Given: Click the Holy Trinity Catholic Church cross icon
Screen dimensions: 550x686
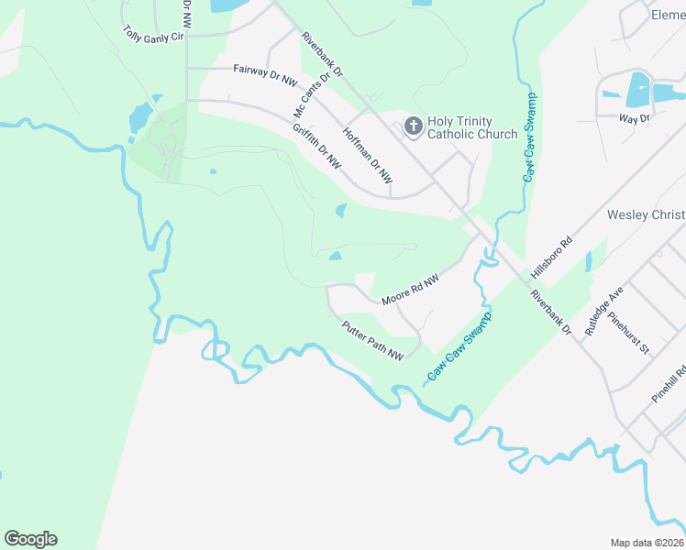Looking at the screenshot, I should [x=413, y=126].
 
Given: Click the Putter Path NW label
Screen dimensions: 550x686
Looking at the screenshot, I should [x=372, y=340].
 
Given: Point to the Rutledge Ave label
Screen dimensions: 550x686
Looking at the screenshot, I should [x=604, y=311].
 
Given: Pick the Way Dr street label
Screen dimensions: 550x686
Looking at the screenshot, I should [x=634, y=118].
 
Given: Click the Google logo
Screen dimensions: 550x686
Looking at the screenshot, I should [x=30, y=539].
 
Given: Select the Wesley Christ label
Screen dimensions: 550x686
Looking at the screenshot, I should [x=646, y=215].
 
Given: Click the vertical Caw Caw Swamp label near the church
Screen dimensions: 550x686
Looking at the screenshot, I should [x=529, y=137].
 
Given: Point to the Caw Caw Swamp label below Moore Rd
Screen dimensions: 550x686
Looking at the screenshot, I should [x=460, y=347].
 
